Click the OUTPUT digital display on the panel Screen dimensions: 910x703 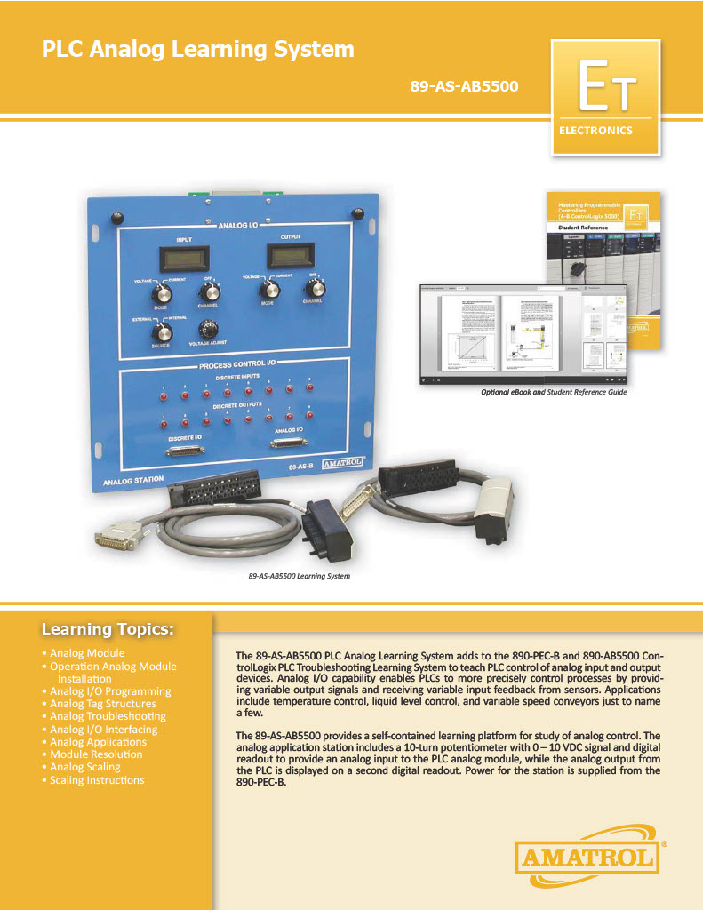(x=288, y=257)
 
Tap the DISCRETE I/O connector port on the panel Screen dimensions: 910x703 (x=186, y=451)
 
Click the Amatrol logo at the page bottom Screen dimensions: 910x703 (x=589, y=857)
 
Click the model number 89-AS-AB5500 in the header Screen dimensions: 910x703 (x=465, y=87)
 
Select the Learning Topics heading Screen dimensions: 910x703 (x=108, y=630)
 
